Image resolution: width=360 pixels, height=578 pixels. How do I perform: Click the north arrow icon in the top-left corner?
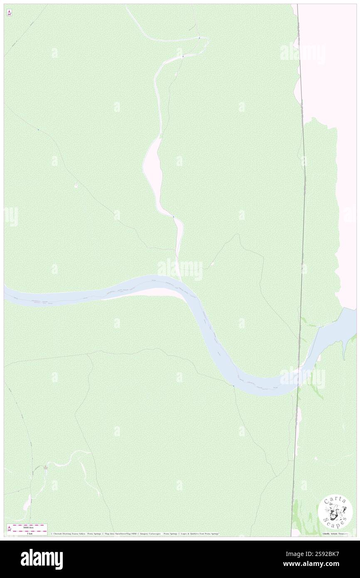pyautogui.click(x=9, y=13)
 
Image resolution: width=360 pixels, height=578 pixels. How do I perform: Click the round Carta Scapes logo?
pyautogui.click(x=335, y=512)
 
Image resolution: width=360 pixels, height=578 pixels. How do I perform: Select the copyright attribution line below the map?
pyautogui.click(x=135, y=534)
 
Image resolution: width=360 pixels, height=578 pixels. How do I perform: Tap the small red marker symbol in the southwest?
pyautogui.click(x=45, y=467)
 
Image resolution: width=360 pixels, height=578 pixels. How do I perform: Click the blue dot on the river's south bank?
pyautogui.click(x=234, y=386)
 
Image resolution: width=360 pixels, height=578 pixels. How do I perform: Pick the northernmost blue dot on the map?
pyautogui.click(x=199, y=38)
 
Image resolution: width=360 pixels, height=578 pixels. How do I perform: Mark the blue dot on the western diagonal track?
pyautogui.click(x=38, y=130)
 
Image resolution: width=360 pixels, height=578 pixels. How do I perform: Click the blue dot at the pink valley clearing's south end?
pyautogui.click(x=173, y=216)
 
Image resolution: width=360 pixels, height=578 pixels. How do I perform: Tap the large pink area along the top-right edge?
pyautogui.click(x=328, y=62)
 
